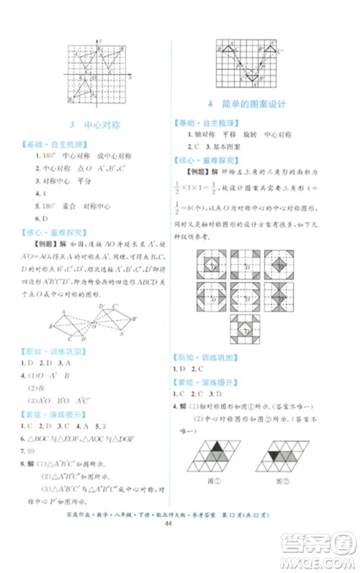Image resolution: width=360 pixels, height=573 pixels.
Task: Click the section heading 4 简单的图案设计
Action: tap(246, 104)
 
